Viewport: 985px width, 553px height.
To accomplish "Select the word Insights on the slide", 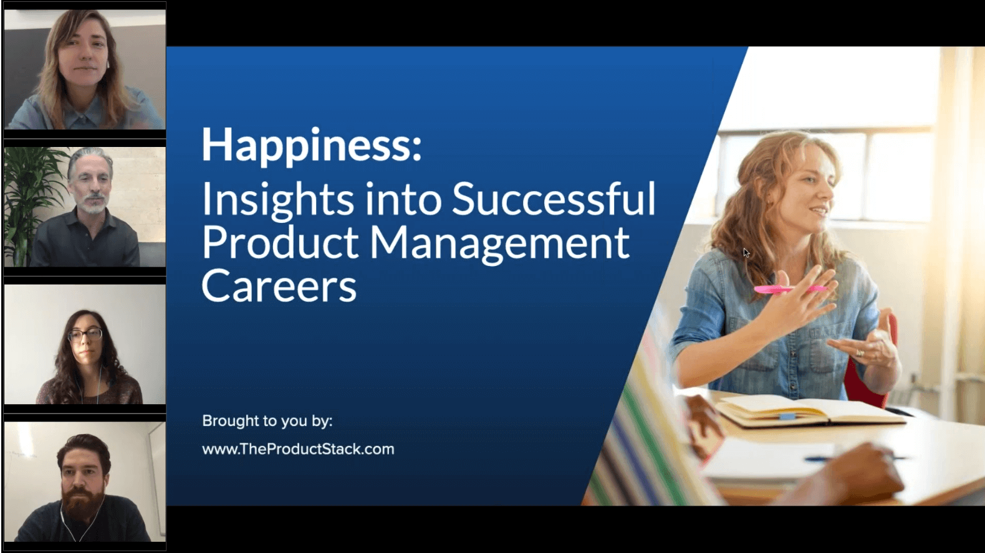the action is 277,201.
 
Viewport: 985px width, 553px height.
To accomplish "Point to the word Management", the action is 499,244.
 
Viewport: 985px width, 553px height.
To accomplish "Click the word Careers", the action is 279,286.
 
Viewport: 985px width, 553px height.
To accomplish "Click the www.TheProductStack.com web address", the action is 298,449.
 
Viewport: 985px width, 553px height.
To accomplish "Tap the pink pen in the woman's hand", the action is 790,288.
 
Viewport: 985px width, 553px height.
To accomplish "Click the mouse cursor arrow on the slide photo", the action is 746,253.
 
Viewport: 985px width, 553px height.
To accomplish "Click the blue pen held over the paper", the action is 853,458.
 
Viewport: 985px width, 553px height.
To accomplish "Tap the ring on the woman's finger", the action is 859,352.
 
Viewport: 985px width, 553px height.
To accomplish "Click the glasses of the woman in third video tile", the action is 85,334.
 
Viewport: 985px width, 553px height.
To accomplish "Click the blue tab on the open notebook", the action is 787,416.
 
